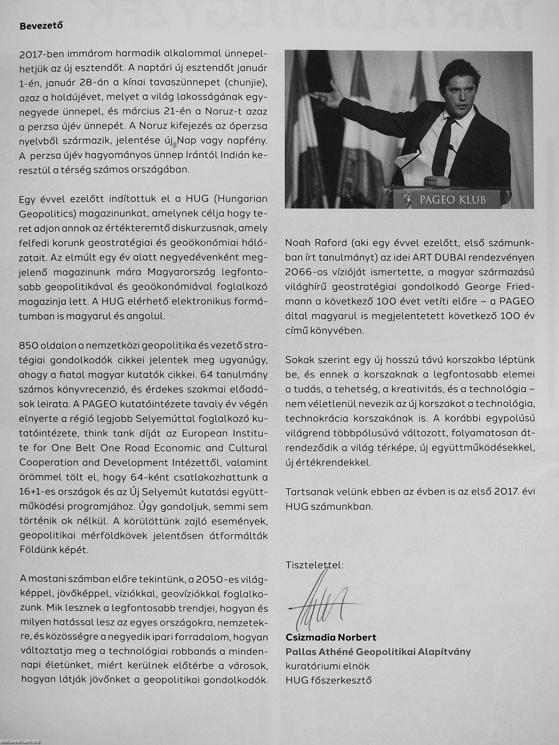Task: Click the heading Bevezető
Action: point(41,26)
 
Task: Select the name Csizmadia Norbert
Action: point(331,637)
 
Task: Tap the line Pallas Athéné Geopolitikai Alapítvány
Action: point(378,652)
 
